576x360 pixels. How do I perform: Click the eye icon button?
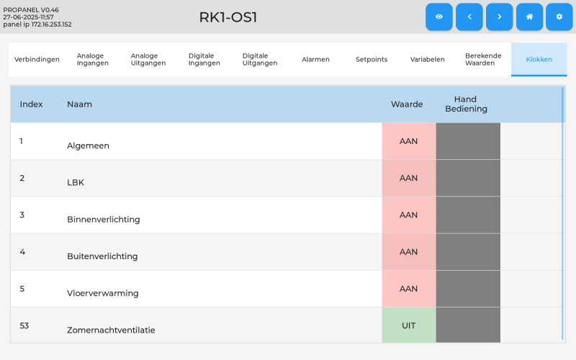(439, 17)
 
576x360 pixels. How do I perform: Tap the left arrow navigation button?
(469, 17)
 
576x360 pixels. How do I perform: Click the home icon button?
(529, 17)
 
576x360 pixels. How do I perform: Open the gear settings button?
(559, 17)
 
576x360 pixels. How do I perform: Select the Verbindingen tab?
(37, 60)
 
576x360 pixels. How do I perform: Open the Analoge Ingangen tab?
(93, 60)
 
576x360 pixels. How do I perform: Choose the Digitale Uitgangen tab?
(260, 60)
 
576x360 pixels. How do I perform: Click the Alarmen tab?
(315, 60)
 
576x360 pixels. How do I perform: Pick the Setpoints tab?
(372, 60)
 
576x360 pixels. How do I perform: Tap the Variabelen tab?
(427, 60)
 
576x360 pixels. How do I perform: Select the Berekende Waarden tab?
(483, 60)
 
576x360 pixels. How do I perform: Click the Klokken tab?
(539, 60)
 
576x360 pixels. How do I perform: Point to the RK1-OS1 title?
(228, 17)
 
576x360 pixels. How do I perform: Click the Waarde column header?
(407, 104)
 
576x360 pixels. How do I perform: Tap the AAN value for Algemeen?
(409, 141)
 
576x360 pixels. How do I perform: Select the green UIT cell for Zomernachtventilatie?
(409, 325)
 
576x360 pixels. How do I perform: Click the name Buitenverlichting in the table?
(102, 256)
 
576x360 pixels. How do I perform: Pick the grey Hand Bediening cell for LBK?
(468, 178)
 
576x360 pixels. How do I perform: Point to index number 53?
(24, 325)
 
